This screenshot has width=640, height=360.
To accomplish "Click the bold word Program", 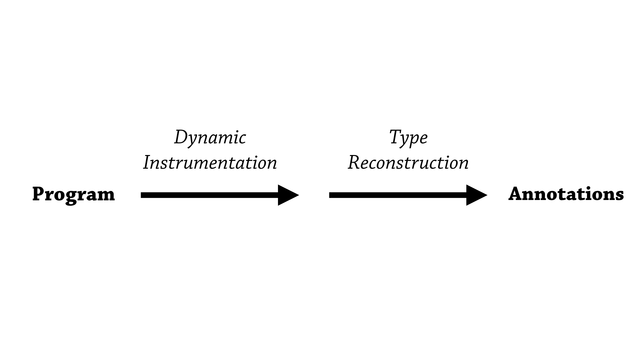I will (x=73, y=194).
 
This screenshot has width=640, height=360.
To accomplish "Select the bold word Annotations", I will (x=566, y=194).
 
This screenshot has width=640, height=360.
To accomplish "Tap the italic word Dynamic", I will (x=210, y=137).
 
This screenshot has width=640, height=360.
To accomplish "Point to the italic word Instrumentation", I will (x=210, y=163).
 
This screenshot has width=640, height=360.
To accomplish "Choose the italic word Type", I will (x=408, y=137).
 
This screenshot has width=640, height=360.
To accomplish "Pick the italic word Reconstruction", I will (x=408, y=163).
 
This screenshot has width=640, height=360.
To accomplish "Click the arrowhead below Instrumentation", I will (x=287, y=195).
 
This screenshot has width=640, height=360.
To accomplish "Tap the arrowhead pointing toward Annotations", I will (x=476, y=195).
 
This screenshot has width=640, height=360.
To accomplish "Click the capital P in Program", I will (x=39, y=194).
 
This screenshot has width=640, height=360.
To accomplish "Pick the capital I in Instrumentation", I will (x=147, y=163).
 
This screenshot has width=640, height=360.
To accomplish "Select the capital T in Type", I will (x=396, y=136).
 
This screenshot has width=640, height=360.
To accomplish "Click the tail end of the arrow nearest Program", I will (x=143, y=195).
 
